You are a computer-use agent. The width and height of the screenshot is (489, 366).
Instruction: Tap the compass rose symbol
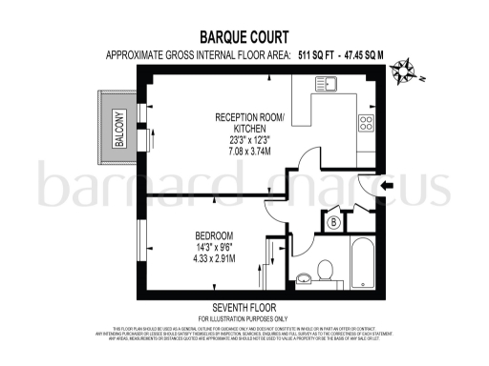click(410, 68)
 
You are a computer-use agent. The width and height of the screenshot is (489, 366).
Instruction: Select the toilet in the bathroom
click(328, 271)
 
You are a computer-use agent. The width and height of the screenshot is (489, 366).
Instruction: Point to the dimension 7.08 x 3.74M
click(249, 150)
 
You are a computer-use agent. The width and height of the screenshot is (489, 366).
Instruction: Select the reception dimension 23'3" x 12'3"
click(249, 138)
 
